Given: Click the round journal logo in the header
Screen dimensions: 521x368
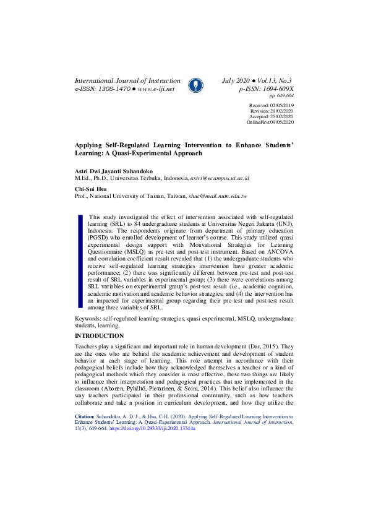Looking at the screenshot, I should [194, 85].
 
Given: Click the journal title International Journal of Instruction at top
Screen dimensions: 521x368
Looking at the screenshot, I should [127, 81].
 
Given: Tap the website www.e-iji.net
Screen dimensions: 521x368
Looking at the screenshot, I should [156, 89].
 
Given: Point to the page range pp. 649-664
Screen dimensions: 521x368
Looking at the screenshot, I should [281, 97].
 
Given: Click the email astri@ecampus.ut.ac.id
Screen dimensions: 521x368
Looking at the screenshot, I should [220, 178].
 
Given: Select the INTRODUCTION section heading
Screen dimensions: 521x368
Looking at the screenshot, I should [99, 335].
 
